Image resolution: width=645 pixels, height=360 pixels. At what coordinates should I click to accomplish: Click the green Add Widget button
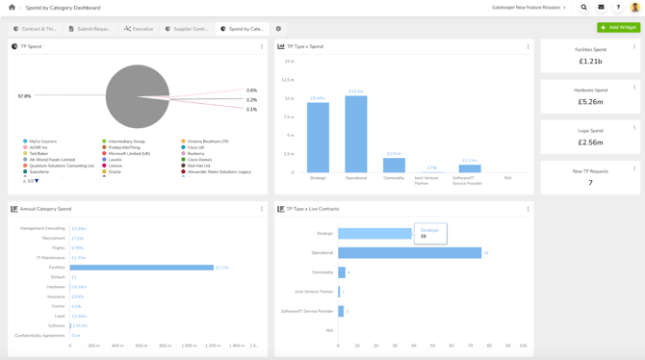[618, 28]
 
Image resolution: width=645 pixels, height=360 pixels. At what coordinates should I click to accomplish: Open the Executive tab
[140, 29]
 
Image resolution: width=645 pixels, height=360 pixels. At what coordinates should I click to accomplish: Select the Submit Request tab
[90, 29]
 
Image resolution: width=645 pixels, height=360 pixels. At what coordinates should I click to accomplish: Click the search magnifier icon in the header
[584, 8]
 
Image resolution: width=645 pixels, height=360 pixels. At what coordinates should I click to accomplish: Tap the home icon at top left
[13, 8]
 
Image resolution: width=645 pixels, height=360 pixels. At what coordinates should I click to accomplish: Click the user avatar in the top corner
[635, 8]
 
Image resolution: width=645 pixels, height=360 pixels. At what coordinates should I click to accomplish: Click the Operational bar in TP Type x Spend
[355, 134]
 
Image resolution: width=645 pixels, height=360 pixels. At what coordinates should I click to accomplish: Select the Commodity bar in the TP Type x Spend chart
[394, 166]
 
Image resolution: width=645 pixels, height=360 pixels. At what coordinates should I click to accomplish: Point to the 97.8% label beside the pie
[25, 96]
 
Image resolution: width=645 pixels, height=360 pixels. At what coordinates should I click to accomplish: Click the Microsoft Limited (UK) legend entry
[129, 154]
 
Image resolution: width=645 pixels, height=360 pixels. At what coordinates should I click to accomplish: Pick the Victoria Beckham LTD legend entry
[207, 141]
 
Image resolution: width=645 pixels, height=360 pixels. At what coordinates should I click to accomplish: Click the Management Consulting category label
[41, 229]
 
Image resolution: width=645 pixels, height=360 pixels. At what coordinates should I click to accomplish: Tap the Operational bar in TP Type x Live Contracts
[409, 253]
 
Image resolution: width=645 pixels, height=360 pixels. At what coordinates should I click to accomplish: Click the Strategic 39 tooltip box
[430, 233]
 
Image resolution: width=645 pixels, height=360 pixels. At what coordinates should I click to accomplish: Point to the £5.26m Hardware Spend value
[590, 102]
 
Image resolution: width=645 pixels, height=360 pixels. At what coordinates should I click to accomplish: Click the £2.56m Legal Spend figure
[590, 142]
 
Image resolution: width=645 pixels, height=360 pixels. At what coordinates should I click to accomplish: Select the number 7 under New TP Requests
[590, 183]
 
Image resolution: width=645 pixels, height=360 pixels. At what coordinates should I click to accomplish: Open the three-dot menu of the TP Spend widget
[262, 46]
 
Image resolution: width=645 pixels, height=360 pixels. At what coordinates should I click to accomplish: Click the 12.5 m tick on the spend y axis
[288, 80]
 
